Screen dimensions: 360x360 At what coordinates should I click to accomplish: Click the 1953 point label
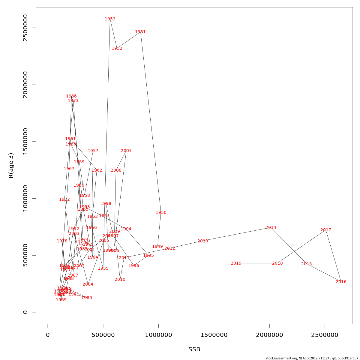(110, 19)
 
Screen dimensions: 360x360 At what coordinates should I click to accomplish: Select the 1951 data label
(140, 32)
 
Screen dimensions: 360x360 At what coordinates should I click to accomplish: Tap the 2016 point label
(341, 282)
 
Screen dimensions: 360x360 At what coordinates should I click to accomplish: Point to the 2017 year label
(326, 230)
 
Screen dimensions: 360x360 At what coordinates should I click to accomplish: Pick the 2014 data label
(271, 228)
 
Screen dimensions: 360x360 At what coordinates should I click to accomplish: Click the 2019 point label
(236, 263)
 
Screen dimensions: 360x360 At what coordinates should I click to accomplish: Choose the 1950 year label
(161, 213)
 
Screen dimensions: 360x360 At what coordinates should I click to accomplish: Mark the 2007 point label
(126, 151)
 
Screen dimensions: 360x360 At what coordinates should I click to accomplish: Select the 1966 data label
(71, 96)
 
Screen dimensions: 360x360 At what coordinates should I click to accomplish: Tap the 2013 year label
(203, 241)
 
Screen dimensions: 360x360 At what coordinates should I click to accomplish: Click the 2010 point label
(120, 280)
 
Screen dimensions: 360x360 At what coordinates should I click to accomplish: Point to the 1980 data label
(87, 298)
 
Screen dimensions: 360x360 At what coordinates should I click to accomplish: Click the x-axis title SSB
(194, 349)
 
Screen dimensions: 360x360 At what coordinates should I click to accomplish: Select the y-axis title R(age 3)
(11, 166)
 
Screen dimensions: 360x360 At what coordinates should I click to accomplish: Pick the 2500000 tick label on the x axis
(325, 335)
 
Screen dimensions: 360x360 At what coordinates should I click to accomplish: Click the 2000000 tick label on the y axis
(25, 85)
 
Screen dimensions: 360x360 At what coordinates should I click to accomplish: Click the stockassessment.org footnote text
(312, 358)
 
